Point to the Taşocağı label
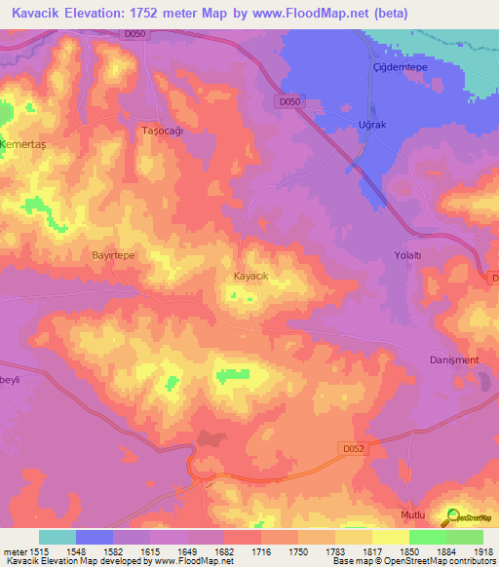pos(163,131)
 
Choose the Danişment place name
pos(454,359)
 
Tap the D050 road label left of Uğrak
pos(289,100)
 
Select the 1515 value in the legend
pos(39,551)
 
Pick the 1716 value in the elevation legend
pos(260,551)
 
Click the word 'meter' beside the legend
pos(13,551)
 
